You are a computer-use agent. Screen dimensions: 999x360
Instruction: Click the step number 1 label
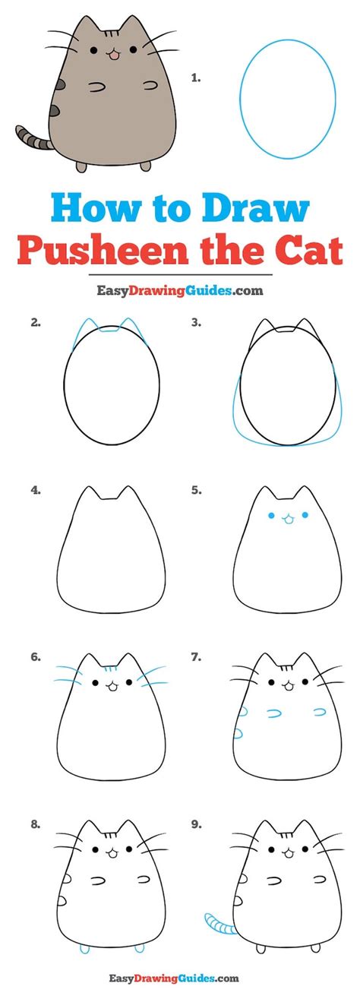[x=195, y=77]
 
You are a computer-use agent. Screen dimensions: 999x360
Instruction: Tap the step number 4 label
[x=35, y=490]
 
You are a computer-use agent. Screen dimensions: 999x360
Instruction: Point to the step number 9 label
[x=195, y=823]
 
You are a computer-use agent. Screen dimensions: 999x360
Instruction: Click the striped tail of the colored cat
[x=33, y=138]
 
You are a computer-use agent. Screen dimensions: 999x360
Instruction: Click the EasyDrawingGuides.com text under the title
[x=180, y=289]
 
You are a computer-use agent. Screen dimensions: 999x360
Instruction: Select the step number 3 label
[x=195, y=322]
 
